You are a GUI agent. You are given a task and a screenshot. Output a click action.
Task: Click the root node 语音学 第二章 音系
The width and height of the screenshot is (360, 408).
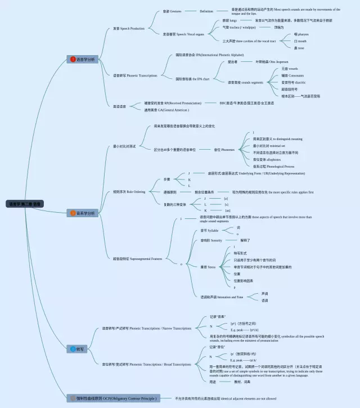[x=25, y=204]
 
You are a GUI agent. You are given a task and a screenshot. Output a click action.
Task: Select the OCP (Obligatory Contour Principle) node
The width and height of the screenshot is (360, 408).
[x=112, y=398]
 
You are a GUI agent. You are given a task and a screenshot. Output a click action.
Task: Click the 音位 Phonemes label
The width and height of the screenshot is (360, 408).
[x=224, y=150]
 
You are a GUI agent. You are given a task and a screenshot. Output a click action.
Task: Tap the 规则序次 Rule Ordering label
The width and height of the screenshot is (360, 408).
[x=129, y=192]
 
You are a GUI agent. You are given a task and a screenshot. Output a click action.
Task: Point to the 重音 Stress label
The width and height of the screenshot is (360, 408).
[x=208, y=267]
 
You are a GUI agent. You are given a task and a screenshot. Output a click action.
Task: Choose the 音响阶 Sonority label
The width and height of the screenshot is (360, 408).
[x=211, y=240]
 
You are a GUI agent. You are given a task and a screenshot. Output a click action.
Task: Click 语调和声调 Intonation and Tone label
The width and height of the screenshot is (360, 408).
[x=222, y=297]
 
